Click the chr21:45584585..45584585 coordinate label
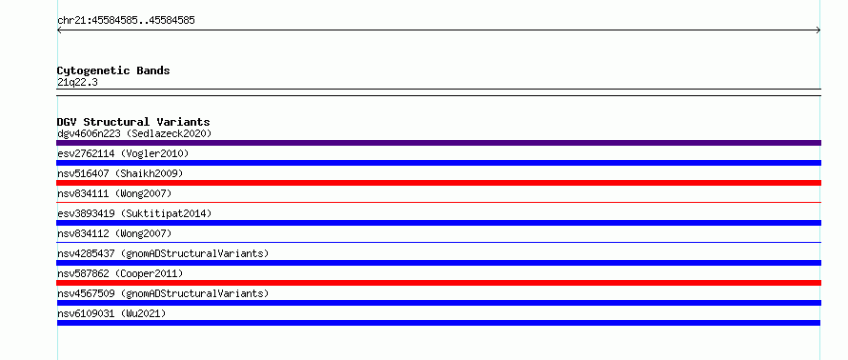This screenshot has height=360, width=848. coord(126,21)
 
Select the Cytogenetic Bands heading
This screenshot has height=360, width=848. coord(113,70)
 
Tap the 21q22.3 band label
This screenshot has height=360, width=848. coord(77,83)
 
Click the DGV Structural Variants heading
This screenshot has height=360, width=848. coord(133,122)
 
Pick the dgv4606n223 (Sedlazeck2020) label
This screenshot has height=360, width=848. coord(134,133)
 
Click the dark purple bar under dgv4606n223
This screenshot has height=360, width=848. coord(438,143)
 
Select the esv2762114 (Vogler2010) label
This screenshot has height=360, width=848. coord(123,153)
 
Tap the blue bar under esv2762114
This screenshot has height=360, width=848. coord(438,163)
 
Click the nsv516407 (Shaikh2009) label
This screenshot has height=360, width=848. coord(120,173)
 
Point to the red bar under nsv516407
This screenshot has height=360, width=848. coord(438,183)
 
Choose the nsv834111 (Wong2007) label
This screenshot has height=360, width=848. coord(114,193)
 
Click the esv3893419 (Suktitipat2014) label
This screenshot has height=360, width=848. coord(134,213)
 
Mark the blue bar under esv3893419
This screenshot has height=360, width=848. coord(438,223)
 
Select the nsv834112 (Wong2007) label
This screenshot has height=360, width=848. coord(114,233)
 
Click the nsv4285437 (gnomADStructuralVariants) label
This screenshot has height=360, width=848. coord(163,253)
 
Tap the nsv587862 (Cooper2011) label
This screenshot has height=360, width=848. coord(120,273)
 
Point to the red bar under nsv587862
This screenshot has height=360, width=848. coord(438,283)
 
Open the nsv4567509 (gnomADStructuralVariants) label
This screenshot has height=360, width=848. coord(163,293)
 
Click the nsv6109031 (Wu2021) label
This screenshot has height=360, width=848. coord(111,313)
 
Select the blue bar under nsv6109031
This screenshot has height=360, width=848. coord(438,323)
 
